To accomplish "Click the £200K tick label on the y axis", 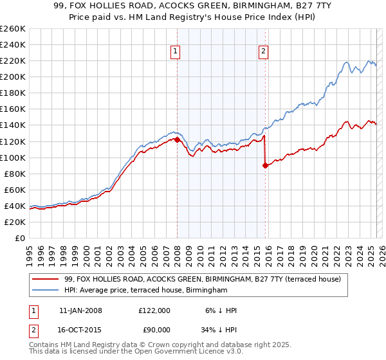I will (x=12, y=76).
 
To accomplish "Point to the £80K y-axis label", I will (x=15, y=174).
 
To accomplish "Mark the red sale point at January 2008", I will (x=177, y=139).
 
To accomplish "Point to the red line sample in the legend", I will (x=45, y=278).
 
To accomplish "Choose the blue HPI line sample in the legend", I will (x=45, y=291).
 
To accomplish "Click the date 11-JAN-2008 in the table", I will (x=80, y=310).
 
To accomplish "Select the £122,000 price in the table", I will (x=154, y=310).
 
